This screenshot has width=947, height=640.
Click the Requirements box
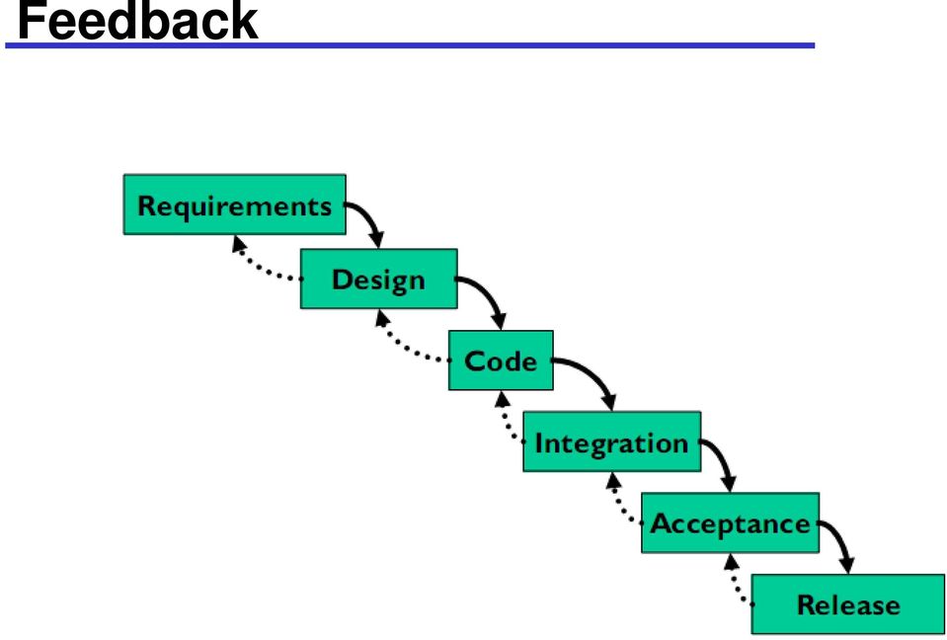234,204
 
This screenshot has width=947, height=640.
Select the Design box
378,279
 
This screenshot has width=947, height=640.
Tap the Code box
501,360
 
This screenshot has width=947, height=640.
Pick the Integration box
612,441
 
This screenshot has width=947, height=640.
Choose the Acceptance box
730,522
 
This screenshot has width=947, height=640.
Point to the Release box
848,604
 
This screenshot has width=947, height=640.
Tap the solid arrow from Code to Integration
594,374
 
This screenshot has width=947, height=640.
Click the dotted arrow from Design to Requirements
257,267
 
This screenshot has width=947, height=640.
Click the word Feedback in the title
137,21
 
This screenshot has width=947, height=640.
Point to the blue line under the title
410,45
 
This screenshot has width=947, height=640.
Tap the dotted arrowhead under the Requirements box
239,243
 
